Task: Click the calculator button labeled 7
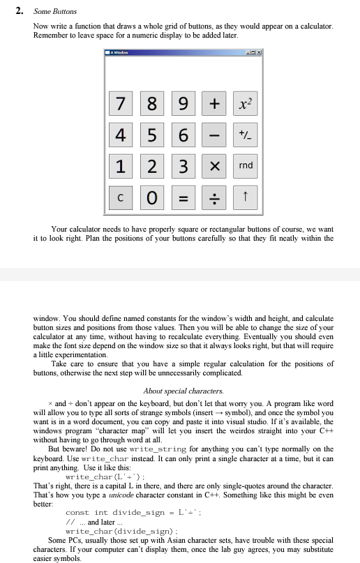click(x=121, y=106)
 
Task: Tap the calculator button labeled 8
click(x=151, y=106)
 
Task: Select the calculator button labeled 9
click(x=182, y=106)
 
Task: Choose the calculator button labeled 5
click(x=151, y=135)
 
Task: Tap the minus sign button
click(x=213, y=135)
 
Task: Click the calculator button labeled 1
click(x=121, y=165)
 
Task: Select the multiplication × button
click(x=213, y=165)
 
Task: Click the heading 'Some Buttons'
click(x=56, y=12)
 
